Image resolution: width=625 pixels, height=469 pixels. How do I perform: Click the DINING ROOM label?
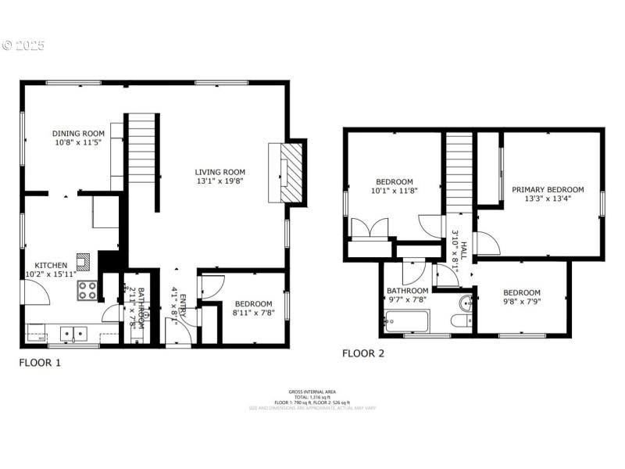coord(78,134)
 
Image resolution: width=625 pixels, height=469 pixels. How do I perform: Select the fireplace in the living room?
coord(285,172)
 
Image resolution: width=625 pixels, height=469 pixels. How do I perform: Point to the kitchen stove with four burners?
coord(87,290)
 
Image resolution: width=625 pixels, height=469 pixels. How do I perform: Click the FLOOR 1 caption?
coord(39,363)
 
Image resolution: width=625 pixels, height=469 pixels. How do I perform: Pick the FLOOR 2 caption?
coord(363,353)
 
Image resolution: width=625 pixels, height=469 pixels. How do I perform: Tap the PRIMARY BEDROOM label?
coord(548,189)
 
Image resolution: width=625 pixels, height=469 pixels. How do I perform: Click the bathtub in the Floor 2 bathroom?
coord(407,320)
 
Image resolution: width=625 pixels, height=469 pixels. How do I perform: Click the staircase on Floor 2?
coord(459,172)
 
